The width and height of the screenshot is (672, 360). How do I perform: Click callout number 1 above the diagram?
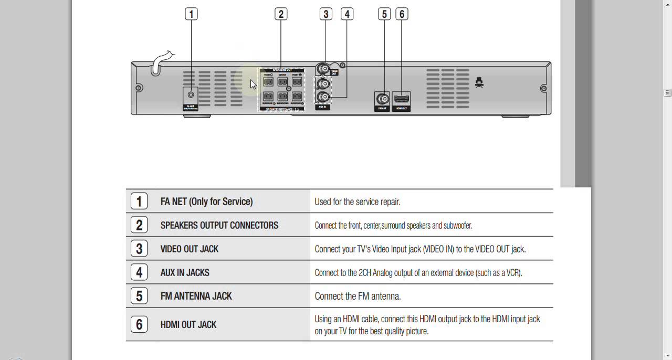191,14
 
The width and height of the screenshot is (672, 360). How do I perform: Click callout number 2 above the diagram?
281,14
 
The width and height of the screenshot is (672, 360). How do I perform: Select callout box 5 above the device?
384,14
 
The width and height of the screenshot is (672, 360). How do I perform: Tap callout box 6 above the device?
402,14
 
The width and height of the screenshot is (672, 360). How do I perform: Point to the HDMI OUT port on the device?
402,99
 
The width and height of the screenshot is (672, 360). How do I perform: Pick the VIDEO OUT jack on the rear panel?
325,69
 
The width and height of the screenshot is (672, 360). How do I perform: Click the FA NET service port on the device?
191,96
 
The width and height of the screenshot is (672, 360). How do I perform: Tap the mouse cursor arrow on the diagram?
253,84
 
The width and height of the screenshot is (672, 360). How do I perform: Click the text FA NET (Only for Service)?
206,202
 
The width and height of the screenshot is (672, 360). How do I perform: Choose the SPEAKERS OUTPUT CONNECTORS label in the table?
219,225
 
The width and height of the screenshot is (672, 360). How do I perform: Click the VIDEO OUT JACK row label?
189,249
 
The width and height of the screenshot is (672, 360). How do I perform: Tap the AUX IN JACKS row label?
185,272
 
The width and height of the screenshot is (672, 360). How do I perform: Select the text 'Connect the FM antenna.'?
358,297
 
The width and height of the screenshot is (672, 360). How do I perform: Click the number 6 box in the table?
139,324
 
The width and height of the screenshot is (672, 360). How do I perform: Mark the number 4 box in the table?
139,272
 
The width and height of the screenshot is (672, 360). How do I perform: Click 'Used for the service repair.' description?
357,202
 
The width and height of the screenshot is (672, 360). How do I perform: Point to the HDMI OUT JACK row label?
188,325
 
